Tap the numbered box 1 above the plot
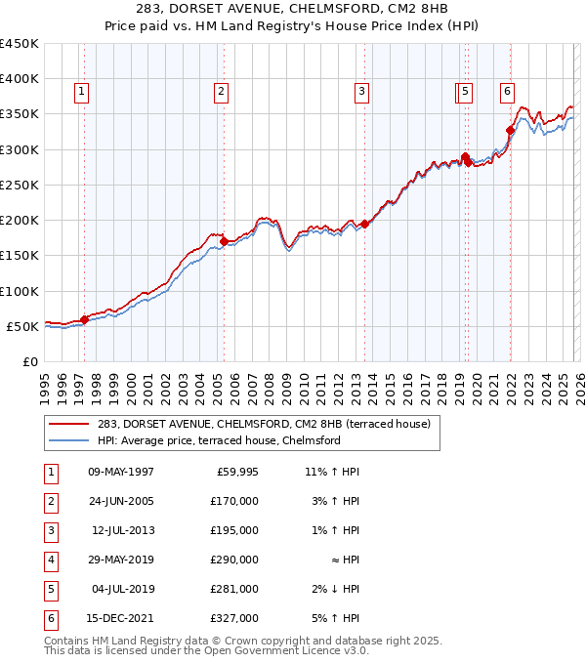tap(80, 93)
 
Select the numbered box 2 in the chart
tap(222, 93)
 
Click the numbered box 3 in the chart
tap(361, 93)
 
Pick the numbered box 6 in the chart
tap(508, 93)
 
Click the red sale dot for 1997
tap(84, 318)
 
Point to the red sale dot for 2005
tap(224, 241)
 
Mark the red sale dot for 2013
tap(364, 224)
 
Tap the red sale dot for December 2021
tap(510, 130)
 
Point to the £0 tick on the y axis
tap(30, 361)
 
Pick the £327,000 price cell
tap(233, 618)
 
